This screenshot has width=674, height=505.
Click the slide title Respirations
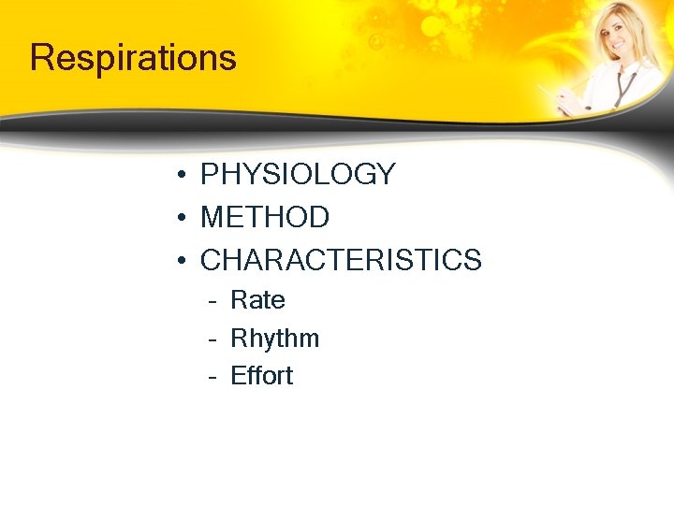point(133,58)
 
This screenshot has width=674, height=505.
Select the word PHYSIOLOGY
point(298,175)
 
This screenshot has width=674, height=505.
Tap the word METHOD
point(265,217)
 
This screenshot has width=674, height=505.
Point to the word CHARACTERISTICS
point(341,260)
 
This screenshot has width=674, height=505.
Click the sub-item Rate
point(257,301)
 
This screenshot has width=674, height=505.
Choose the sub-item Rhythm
point(274,339)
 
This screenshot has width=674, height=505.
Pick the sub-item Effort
point(261,376)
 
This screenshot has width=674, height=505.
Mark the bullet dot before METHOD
point(180,218)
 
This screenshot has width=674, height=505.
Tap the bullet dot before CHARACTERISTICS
point(180,261)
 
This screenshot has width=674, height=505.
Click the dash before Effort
point(213,377)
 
